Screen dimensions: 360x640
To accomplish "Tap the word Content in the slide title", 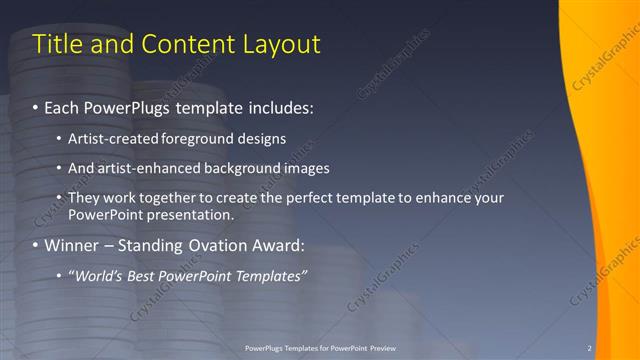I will coord(186,44).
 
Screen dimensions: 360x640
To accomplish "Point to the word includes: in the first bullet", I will coord(280,106).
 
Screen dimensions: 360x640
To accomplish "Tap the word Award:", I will coord(283,245).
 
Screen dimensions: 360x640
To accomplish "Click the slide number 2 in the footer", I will coord(590,348).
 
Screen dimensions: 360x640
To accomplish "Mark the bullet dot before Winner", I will coord(36,246).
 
